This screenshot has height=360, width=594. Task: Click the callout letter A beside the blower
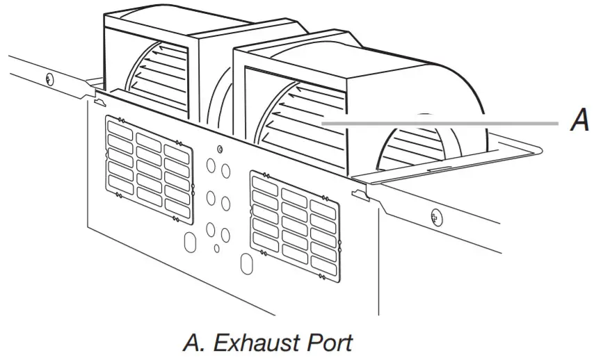coord(579,122)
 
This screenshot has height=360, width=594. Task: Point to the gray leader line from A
coord(445,123)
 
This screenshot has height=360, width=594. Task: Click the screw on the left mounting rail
coord(49,77)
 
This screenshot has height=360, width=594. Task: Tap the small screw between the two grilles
coord(220,149)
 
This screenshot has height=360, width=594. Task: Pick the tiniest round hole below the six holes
coord(216,248)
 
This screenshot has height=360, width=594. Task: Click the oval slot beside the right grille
coord(246,265)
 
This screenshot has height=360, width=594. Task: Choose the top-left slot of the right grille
coord(264,183)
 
